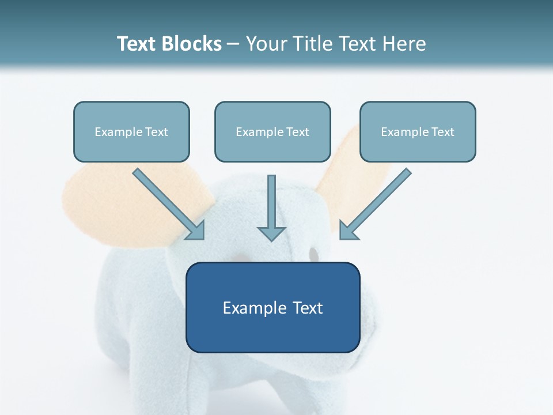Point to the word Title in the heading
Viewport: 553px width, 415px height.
click(313, 44)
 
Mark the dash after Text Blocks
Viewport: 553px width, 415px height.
click(233, 44)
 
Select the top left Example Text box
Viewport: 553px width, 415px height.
click(131, 131)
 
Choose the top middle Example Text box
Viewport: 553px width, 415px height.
click(272, 131)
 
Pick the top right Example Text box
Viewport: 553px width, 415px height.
click(418, 131)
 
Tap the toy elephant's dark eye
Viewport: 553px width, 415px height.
click(313, 254)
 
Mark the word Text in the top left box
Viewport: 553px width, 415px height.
click(157, 132)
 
